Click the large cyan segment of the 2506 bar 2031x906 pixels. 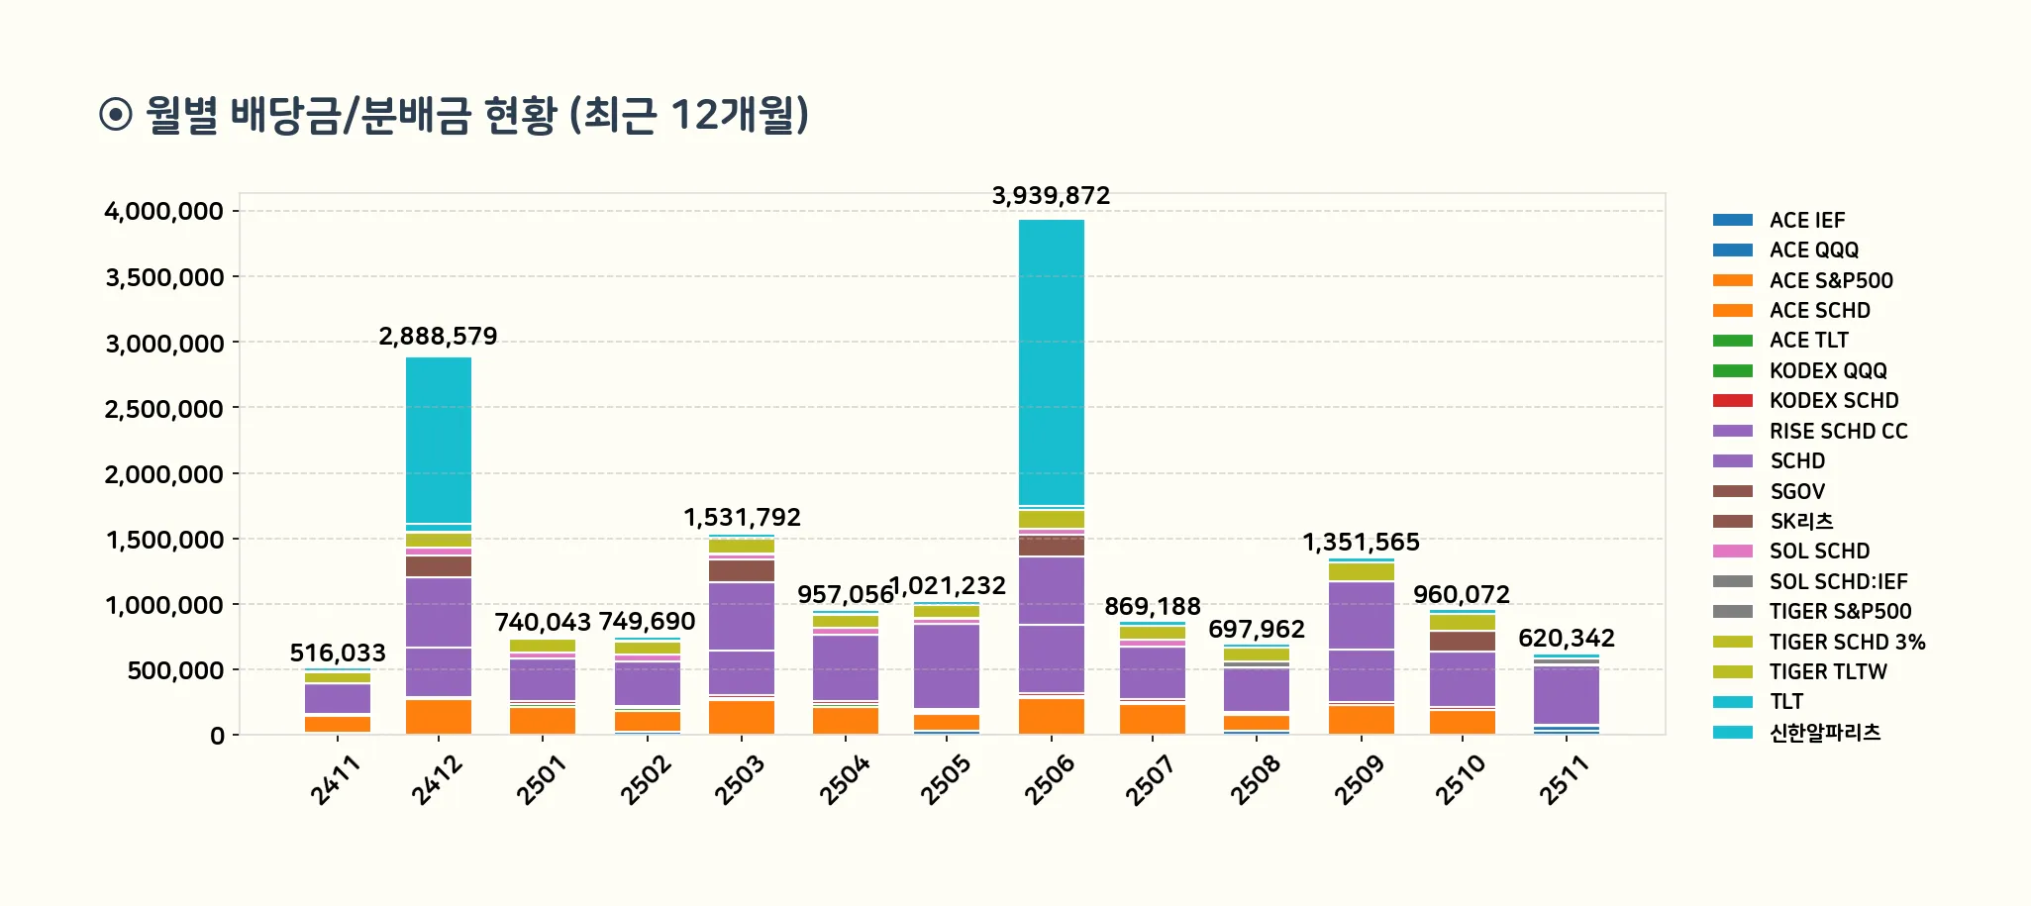click(x=1051, y=361)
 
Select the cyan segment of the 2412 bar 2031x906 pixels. click(x=439, y=440)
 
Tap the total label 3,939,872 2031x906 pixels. click(x=1051, y=196)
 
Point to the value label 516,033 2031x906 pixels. click(x=338, y=654)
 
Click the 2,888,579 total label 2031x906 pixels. click(x=438, y=337)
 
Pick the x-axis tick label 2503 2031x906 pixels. click(x=741, y=779)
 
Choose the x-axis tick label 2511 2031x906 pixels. click(x=1565, y=779)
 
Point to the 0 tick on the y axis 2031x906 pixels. click(x=217, y=736)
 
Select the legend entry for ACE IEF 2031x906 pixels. click(x=1807, y=221)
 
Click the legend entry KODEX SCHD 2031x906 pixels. click(x=1833, y=401)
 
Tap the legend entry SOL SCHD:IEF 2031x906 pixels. click(x=1838, y=582)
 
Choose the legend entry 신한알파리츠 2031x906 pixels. click(x=1824, y=733)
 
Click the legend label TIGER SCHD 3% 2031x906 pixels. click(x=1847, y=643)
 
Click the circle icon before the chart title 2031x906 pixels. click(x=116, y=115)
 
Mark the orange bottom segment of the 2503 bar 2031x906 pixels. click(x=742, y=717)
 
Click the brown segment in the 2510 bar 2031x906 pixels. click(x=1463, y=641)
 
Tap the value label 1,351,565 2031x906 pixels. click(x=1361, y=543)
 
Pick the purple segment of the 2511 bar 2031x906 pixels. click(x=1567, y=695)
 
